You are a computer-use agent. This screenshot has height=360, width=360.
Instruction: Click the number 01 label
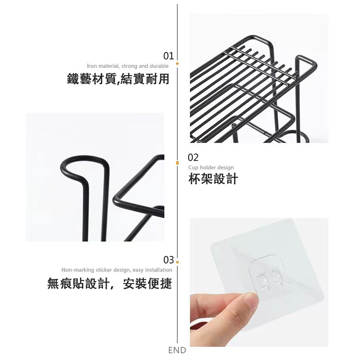(168, 56)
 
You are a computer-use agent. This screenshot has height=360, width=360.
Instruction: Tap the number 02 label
(193, 157)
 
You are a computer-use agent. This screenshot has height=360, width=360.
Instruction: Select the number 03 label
(168, 260)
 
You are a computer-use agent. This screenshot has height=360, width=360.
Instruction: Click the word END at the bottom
(177, 350)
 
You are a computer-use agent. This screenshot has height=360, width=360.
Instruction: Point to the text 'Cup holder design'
(211, 167)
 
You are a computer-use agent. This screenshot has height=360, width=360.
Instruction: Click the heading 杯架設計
(213, 179)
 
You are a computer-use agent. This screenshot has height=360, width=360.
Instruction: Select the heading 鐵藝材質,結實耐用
(118, 79)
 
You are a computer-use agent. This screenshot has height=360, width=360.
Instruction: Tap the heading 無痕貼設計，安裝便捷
(109, 283)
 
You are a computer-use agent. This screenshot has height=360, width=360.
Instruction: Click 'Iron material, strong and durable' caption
(128, 66)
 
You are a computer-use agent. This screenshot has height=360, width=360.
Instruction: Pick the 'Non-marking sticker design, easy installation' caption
(117, 270)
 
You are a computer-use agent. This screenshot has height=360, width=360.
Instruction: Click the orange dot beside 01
(177, 63)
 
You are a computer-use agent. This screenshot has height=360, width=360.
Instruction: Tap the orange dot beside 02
(177, 163)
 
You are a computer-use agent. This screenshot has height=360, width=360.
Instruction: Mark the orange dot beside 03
(177, 262)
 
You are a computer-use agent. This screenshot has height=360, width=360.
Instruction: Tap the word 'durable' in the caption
(159, 66)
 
